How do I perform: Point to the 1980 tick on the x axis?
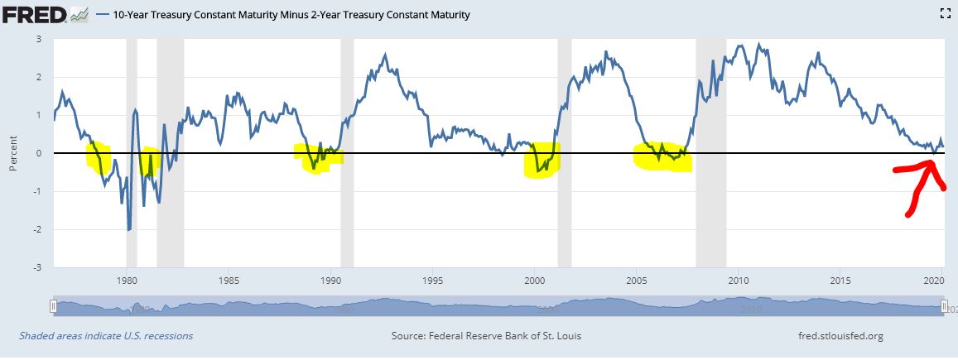pyautogui.click(x=126, y=280)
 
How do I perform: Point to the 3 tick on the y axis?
pyautogui.click(x=38, y=39)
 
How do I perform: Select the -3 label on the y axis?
pyautogui.click(x=36, y=267)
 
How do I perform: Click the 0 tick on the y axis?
pyautogui.click(x=38, y=153)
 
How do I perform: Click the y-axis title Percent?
pyautogui.click(x=12, y=153)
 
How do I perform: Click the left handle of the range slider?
pyautogui.click(x=53, y=306)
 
